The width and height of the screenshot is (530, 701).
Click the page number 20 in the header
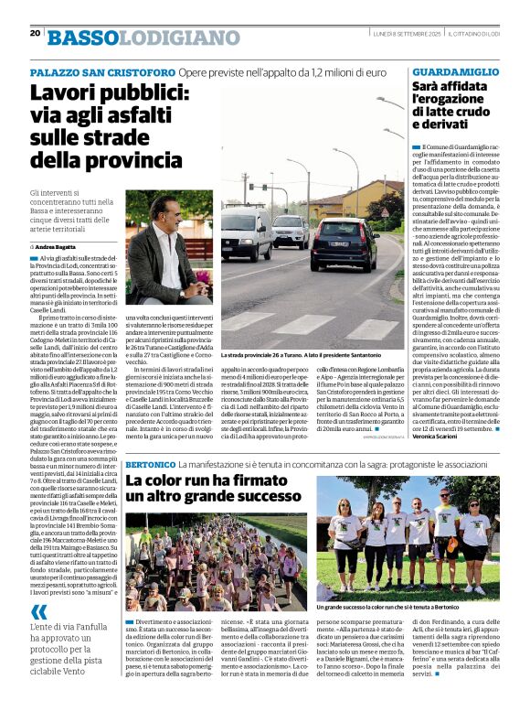click(35, 33)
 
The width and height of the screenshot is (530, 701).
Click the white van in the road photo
click(245, 232)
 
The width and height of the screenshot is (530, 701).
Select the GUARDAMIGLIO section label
click(456, 71)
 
